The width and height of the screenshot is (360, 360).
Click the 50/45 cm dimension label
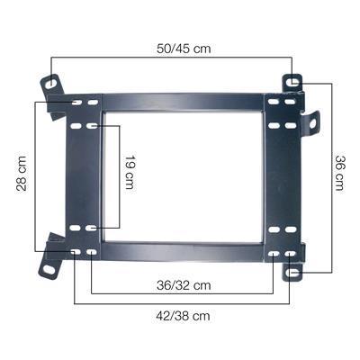coord(184,48)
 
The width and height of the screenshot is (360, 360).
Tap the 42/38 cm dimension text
coord(184,316)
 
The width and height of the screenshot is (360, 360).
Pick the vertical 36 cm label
coord(340,172)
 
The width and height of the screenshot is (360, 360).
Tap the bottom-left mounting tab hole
coord(45,267)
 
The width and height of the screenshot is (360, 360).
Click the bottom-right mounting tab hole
coord(290,271)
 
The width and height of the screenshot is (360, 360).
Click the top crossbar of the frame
coord(183,101)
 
